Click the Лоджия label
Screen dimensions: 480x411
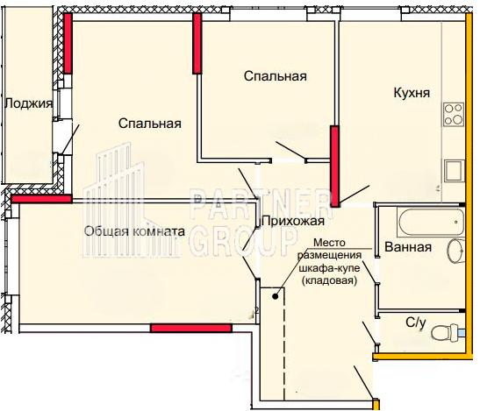[28, 103]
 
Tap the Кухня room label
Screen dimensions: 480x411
[412, 93]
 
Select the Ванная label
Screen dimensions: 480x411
[408, 247]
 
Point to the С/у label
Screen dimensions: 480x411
[416, 323]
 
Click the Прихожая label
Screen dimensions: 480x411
[293, 221]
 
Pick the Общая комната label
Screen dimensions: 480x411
[134, 231]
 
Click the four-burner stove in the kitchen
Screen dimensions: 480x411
[454, 115]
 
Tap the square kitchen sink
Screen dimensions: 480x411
[455, 171]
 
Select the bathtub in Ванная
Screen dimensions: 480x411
[431, 222]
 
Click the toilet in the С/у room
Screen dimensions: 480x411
[447, 332]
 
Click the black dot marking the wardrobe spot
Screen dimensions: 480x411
[276, 296]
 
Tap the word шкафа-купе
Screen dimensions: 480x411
[329, 268]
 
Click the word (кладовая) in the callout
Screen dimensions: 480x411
[329, 280]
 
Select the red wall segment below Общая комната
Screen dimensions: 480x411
[191, 328]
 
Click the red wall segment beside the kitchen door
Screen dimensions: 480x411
[335, 167]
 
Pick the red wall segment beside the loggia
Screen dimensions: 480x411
[68, 43]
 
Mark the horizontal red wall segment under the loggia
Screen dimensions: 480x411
[41, 199]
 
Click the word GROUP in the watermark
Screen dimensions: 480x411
[243, 243]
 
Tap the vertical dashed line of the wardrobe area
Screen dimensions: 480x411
[284, 344]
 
